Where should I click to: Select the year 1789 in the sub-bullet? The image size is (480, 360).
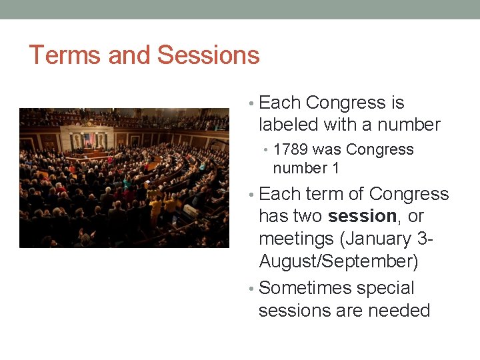point(291,150)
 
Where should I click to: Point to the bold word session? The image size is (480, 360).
point(362,217)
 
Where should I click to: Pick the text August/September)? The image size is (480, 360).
point(338,261)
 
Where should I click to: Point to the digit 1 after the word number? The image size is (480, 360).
point(335,168)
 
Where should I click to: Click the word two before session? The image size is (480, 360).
point(308,217)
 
